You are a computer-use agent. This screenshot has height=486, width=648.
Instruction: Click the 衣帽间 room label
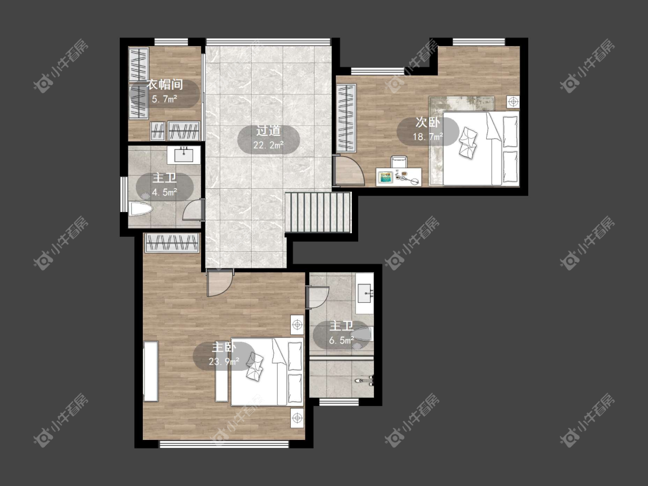tap(165, 85)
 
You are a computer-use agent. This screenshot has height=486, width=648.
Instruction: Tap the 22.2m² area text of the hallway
tap(268, 145)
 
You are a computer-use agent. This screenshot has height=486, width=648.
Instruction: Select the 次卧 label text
tap(427, 122)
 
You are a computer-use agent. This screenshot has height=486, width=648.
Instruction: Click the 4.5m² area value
tap(165, 192)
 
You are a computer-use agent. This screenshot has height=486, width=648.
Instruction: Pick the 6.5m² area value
tap(342, 340)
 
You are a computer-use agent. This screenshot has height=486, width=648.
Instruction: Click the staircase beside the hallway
tap(318, 212)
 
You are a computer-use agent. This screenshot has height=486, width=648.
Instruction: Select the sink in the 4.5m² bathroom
tap(184, 154)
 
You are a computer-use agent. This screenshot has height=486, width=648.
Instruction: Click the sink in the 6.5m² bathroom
tap(365, 294)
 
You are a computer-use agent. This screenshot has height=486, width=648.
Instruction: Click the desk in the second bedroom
tap(399, 177)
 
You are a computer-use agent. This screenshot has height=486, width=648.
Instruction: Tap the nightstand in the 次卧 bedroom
tap(513, 102)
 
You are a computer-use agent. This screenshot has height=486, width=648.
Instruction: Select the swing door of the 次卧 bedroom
tap(349, 170)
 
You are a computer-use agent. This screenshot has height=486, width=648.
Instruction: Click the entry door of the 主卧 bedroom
tap(219, 283)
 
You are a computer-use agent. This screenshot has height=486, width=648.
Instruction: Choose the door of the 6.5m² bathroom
tap(317, 297)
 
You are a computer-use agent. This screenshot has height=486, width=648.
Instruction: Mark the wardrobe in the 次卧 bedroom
tap(346, 119)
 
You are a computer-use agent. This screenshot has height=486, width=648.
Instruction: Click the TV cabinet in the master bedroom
tap(151, 371)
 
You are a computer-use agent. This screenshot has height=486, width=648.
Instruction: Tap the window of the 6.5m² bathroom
tap(339, 402)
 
